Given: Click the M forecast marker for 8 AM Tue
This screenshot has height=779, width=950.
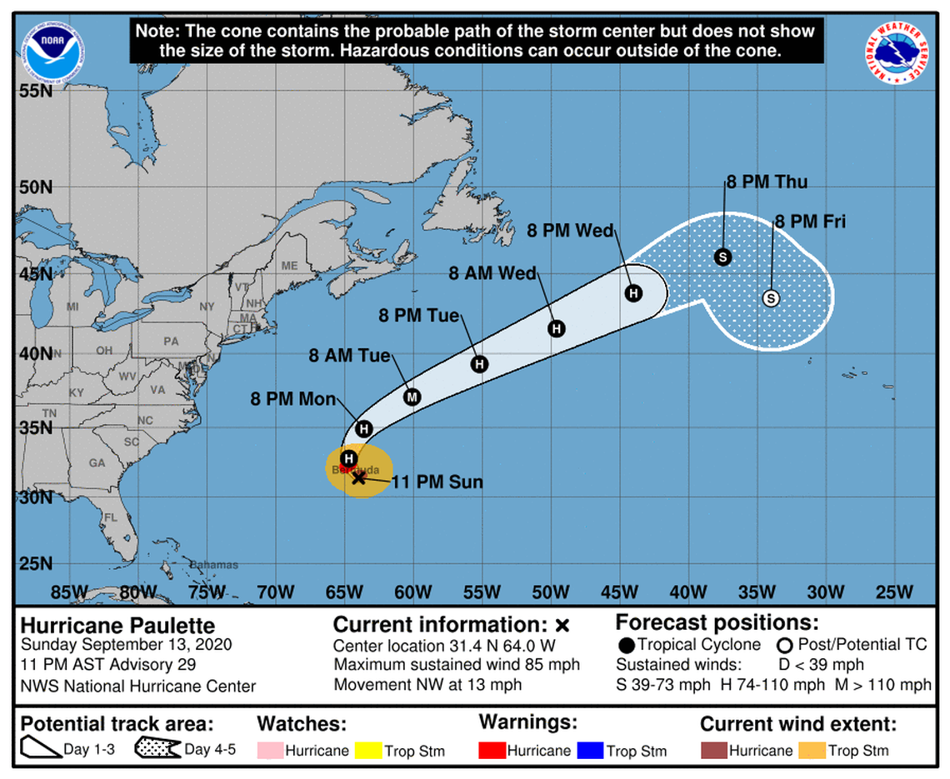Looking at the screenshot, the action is (x=412, y=397).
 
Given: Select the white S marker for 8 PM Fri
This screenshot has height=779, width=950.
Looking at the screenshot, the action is (x=771, y=298).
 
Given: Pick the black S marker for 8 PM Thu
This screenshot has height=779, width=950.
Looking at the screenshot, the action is (x=722, y=257).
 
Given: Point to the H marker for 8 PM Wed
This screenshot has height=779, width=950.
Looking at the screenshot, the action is (x=633, y=292).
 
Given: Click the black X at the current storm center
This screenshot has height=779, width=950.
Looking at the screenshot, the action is (x=359, y=477).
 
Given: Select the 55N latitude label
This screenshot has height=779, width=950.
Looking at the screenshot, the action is (x=35, y=90).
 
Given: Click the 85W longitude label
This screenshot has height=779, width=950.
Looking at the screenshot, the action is (x=69, y=592).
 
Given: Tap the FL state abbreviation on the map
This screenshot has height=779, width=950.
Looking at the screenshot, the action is (x=110, y=517).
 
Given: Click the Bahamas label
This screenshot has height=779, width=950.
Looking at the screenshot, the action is (x=214, y=565).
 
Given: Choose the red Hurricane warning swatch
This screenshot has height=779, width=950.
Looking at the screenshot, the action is (x=493, y=751).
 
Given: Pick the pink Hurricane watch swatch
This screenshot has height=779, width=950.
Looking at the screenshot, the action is (x=271, y=751).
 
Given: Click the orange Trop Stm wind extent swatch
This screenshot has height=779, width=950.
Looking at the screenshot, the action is (x=812, y=751).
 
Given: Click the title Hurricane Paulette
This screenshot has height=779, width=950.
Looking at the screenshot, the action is (x=117, y=625).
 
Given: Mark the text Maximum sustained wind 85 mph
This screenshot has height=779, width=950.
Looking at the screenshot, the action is (x=457, y=665).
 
